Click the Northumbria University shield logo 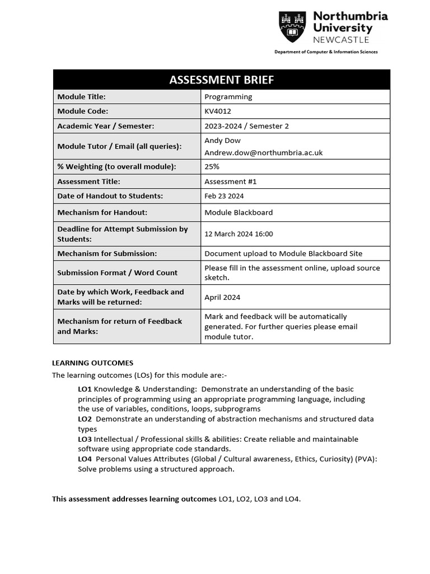pyautogui.click(x=292, y=28)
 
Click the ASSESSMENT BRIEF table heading pyautogui.click(x=222, y=80)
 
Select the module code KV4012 pyautogui.click(x=218, y=111)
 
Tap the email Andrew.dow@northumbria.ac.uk pyautogui.click(x=263, y=152)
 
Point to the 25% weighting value pyautogui.click(x=212, y=166)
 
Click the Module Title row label pyautogui.click(x=81, y=96)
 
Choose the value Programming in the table pyautogui.click(x=228, y=96)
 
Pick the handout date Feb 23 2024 pyautogui.click(x=224, y=196)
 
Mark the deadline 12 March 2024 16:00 pyautogui.click(x=239, y=234)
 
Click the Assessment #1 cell pyautogui.click(x=231, y=182)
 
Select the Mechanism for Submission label pyautogui.click(x=107, y=253)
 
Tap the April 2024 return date pyautogui.click(x=222, y=297)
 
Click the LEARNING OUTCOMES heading pyautogui.click(x=92, y=363)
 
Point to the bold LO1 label pyautogui.click(x=85, y=389)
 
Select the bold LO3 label pyautogui.click(x=85, y=439)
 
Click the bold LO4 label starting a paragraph pyautogui.click(x=85, y=459)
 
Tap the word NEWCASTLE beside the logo pyautogui.click(x=341, y=40)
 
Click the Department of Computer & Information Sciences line pyautogui.click(x=326, y=52)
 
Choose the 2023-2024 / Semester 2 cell pyautogui.click(x=246, y=126)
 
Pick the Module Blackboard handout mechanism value pyautogui.click(x=239, y=212)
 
